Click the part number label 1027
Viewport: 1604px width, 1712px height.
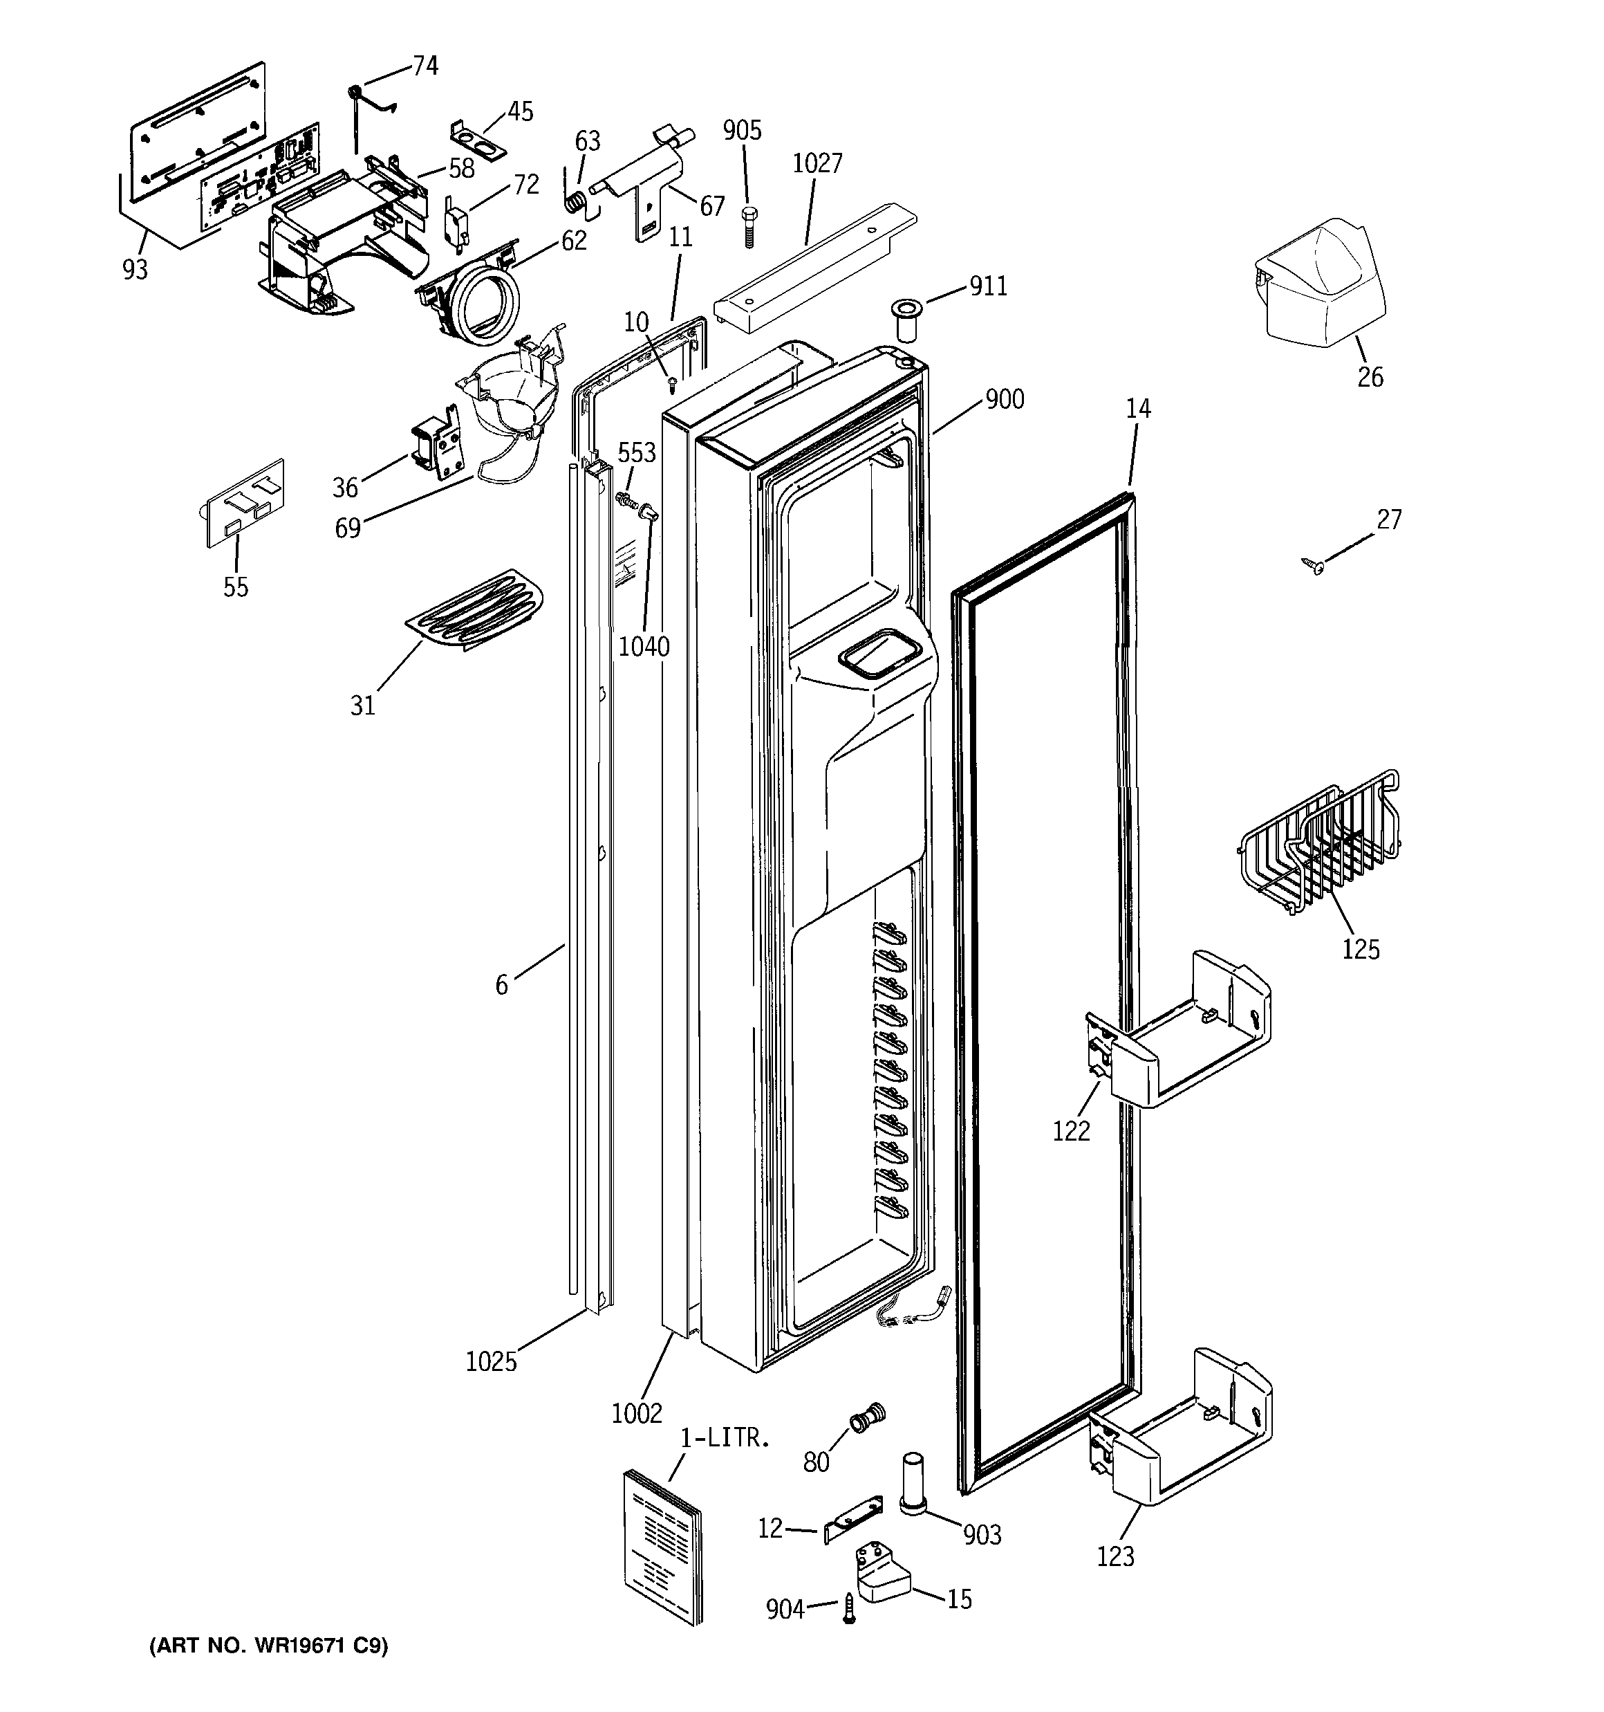point(817,164)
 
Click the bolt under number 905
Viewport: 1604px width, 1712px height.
point(748,225)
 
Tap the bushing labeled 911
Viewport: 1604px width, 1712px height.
point(906,320)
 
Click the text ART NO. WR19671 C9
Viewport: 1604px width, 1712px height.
point(269,1646)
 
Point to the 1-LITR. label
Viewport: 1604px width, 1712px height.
point(723,1438)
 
